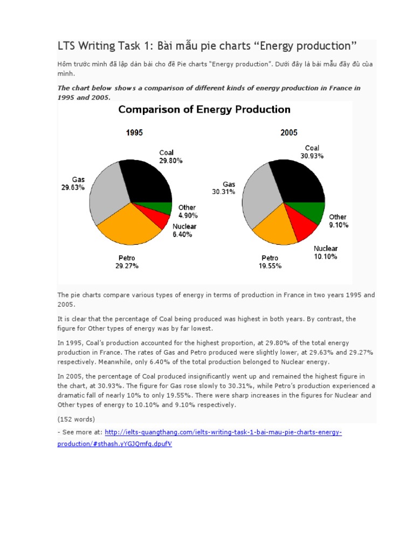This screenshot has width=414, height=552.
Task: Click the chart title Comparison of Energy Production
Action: pos(204,110)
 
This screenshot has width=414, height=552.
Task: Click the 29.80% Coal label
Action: pos(170,156)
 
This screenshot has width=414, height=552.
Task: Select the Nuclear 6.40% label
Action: pos(184,231)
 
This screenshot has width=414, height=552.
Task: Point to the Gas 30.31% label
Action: pos(224,188)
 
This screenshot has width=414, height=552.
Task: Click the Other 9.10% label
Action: pos(339,221)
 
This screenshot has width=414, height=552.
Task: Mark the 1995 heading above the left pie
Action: pos(134,133)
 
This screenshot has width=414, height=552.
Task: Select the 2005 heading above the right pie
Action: pos(288,133)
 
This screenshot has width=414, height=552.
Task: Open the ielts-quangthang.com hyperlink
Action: pos(223,432)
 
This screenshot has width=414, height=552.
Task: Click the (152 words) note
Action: pos(76,419)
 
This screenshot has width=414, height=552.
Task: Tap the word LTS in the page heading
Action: pos(67,46)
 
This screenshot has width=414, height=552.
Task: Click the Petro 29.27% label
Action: pos(127,262)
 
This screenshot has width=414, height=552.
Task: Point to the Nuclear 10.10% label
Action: pos(326,253)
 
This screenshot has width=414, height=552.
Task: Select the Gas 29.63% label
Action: pos(73,184)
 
